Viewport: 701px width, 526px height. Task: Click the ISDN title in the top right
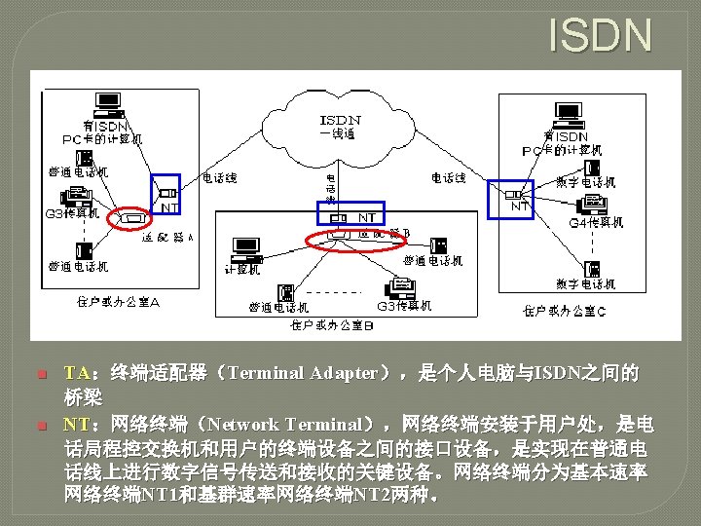point(600,35)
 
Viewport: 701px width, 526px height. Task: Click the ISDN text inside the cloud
point(339,120)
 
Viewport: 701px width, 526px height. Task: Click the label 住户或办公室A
point(118,301)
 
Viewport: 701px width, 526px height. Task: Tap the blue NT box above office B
point(352,214)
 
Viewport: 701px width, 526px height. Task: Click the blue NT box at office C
point(511,199)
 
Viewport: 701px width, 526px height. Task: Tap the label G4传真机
point(595,222)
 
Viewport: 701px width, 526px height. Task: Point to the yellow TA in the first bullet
point(76,373)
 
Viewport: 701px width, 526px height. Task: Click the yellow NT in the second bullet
point(76,425)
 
